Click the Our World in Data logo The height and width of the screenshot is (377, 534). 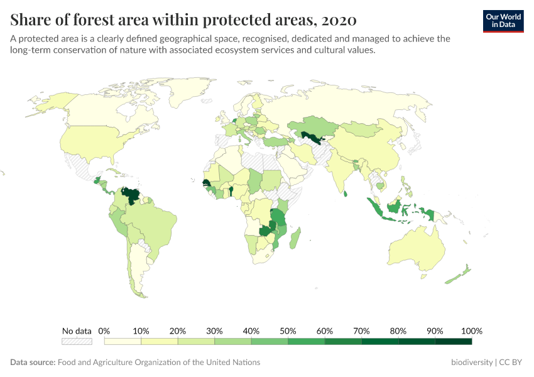click(x=503, y=20)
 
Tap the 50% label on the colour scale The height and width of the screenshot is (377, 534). click(x=287, y=331)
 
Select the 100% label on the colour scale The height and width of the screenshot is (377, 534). click(x=471, y=331)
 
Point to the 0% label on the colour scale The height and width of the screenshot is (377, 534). click(x=104, y=331)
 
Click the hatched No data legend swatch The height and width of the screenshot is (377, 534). click(x=77, y=341)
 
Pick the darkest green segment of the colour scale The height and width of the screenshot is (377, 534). click(x=453, y=341)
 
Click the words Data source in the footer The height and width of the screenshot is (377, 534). click(x=33, y=363)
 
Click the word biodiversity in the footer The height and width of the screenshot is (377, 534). click(x=471, y=363)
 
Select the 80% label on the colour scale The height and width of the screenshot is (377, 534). click(x=398, y=331)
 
